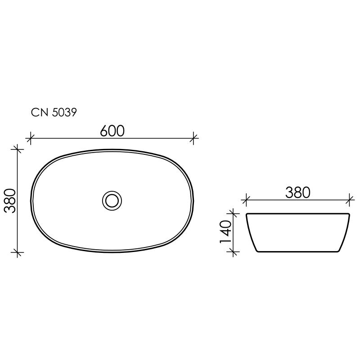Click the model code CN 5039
coord(54,112)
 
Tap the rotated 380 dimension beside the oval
coord(10,200)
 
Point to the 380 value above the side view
coord(298,192)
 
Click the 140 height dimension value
coord(226,232)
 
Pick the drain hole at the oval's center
coord(112,200)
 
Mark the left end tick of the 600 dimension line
coord(31,138)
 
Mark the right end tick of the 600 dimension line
coord(194,138)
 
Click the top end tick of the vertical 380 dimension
coord(17,149)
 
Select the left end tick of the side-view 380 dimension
coord(246,199)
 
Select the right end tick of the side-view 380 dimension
coord(350,199)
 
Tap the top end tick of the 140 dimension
coord(233,213)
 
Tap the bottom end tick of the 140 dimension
coord(233,252)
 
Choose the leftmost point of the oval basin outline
coord(31,200)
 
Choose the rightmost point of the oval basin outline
coord(193,200)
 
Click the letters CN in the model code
coord(39,112)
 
